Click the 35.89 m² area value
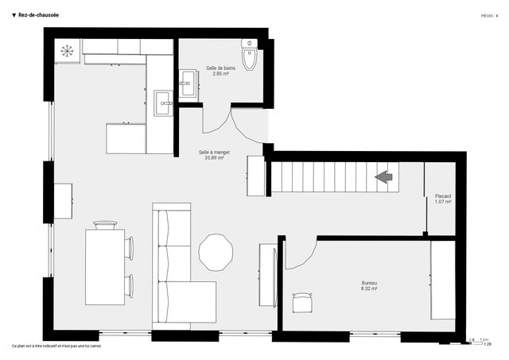coord(213,157)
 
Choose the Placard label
coord(443,196)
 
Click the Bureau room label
coord(369,284)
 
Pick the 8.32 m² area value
coord(369,289)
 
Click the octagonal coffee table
coord(216,253)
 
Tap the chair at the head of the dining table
coord(104,224)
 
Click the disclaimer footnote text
coord(57,346)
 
